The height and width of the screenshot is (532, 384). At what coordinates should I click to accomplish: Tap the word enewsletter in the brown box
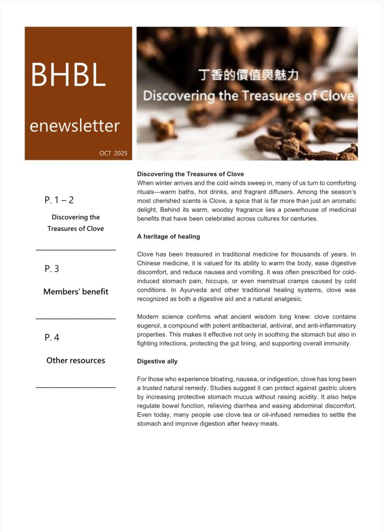(x=74, y=125)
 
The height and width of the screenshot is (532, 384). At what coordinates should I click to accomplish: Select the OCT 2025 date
(x=113, y=153)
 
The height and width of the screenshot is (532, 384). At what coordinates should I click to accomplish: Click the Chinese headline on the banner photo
(x=249, y=76)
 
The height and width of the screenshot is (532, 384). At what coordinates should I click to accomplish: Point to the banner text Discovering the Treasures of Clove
(x=248, y=96)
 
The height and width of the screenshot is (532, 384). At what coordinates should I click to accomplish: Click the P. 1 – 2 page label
(x=59, y=200)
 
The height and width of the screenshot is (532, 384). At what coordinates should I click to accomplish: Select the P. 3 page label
(x=52, y=269)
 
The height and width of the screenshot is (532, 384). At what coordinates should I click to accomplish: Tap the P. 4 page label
(x=52, y=338)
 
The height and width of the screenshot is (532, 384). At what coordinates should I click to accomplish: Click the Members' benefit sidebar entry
(x=75, y=292)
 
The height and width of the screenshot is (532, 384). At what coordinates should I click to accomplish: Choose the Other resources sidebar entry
(x=75, y=360)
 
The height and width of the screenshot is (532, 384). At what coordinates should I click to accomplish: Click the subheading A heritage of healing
(x=168, y=237)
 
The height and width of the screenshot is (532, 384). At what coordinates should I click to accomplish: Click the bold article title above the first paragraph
(x=190, y=174)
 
